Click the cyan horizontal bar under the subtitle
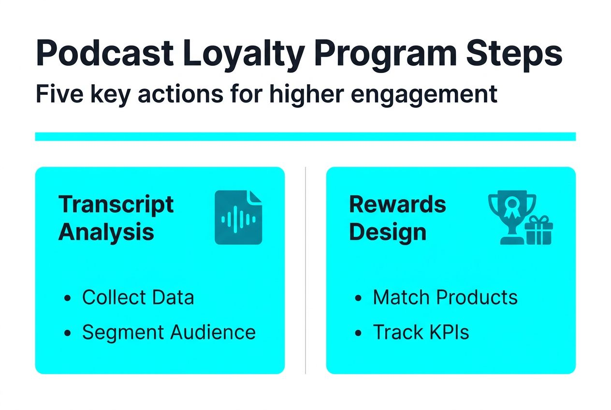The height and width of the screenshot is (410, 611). click(305, 136)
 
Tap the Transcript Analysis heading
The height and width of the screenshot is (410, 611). click(116, 218)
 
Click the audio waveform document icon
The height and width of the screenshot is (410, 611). click(238, 217)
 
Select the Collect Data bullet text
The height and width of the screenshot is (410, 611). click(138, 297)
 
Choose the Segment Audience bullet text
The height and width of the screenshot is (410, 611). click(169, 332)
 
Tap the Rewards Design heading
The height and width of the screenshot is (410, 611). click(397, 218)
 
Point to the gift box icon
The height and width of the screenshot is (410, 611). click(538, 231)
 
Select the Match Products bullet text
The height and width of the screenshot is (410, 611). click(445, 297)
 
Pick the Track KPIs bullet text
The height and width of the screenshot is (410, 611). click(421, 332)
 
